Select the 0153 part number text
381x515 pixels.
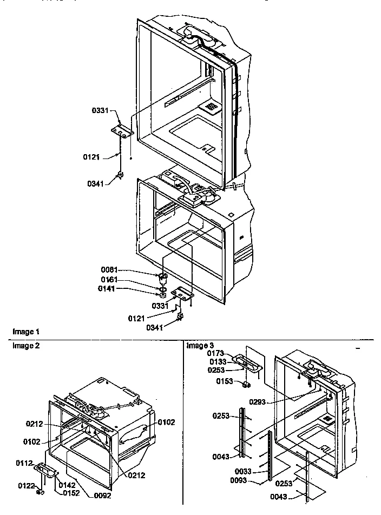(x=226, y=382)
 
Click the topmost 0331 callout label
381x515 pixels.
(x=101, y=110)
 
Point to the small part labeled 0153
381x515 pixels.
(x=246, y=385)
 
